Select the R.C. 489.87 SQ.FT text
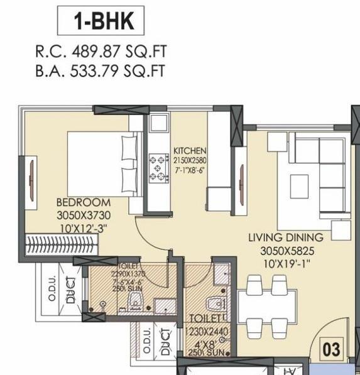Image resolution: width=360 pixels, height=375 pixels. pos(101,52)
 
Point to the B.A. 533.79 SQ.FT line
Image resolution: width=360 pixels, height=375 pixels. pos(101,70)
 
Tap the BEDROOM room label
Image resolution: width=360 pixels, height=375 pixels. pos(84,203)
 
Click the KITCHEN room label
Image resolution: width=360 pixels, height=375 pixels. pos(190,151)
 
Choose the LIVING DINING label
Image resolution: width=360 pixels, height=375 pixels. pos(285,237)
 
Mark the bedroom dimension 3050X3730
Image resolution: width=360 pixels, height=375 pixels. pos(84,214)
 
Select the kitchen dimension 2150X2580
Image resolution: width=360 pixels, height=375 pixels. pos(190,161)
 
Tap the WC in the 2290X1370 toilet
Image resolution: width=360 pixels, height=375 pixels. pos(133,304)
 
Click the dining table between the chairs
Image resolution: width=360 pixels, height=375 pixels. pos(271,305)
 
